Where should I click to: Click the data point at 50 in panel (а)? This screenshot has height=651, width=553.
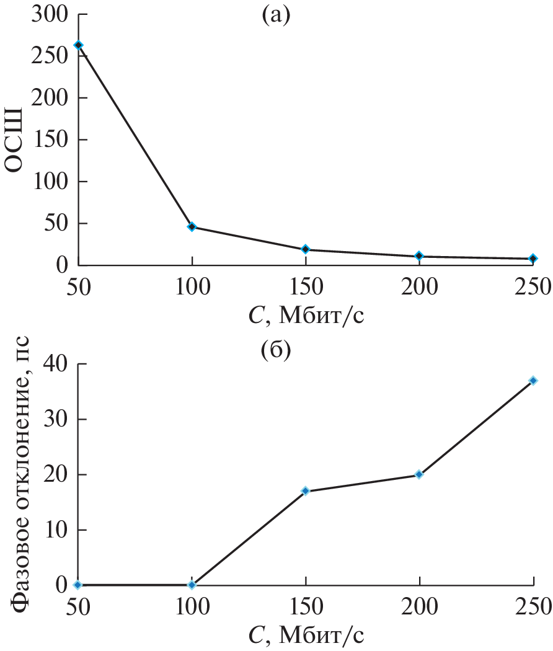[x=78, y=45]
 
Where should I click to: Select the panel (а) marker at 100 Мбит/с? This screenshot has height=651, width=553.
[x=192, y=227]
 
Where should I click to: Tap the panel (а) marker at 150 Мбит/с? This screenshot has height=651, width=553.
[x=306, y=249]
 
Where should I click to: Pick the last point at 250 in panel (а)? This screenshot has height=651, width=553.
[x=533, y=259]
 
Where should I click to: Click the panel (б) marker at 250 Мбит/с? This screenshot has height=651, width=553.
[x=533, y=381]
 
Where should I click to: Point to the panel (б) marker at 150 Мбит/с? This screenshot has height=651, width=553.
[x=306, y=491]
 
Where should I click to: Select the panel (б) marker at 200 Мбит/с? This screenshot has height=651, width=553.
[x=419, y=474]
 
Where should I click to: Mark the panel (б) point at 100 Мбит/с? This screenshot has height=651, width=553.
[x=192, y=585]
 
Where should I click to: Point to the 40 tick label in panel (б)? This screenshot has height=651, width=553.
[x=55, y=364]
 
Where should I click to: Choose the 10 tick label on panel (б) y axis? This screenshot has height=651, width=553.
[x=55, y=530]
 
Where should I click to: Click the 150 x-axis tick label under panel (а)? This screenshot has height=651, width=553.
[x=306, y=286]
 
